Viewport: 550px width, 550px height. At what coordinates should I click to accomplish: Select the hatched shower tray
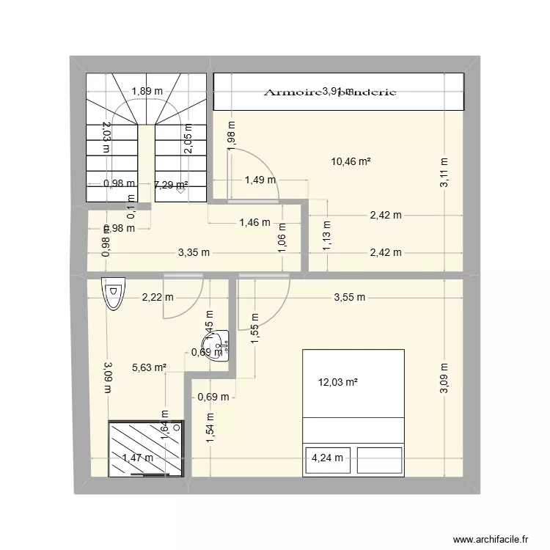coord(144,449)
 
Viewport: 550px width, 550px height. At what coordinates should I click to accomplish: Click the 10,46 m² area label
coord(351,162)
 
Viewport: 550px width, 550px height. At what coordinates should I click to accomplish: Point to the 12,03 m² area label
coord(337,382)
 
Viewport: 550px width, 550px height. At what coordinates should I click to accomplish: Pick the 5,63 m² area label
coord(150,369)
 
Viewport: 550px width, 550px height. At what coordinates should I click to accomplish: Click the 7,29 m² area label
coord(170,185)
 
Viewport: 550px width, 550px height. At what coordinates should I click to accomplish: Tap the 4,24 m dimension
coord(326,458)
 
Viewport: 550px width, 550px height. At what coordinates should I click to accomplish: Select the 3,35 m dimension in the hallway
coord(194,253)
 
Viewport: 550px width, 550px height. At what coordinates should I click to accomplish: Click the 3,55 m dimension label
coord(349,298)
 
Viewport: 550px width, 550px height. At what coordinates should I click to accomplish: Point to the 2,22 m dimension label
coord(158,298)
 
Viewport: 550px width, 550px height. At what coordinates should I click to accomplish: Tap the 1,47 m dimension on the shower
coord(139,458)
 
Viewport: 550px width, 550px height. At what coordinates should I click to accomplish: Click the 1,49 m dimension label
coord(260,180)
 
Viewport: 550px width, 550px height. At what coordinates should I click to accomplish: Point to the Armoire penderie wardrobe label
coord(330,92)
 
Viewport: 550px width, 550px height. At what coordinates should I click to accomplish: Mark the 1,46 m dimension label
coord(254,222)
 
